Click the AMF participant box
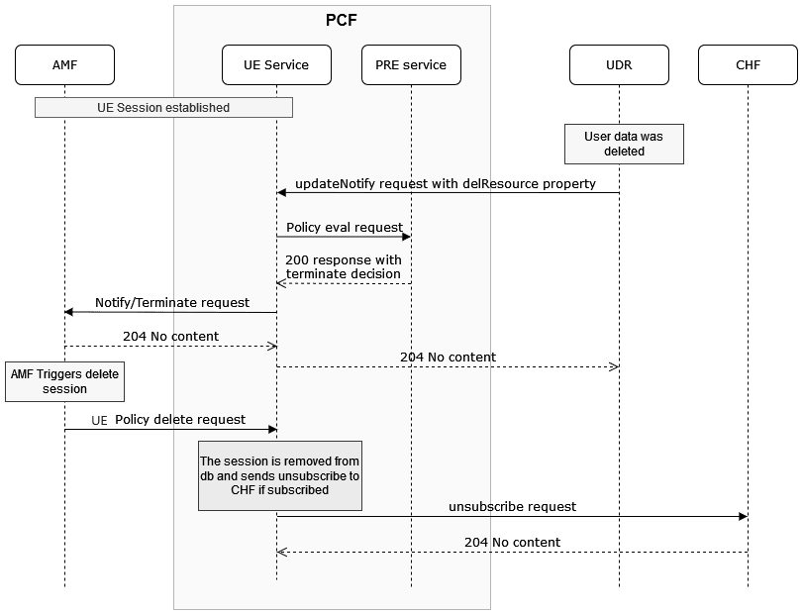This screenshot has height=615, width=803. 64,65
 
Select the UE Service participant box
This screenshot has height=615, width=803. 276,65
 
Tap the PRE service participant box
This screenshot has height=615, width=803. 411,65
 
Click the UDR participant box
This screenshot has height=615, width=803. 619,65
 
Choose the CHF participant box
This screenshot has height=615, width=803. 748,65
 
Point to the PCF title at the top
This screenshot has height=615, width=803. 342,20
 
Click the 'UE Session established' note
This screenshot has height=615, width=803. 163,108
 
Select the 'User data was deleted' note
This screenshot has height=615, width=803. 624,144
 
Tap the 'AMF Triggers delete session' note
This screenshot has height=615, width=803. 64,381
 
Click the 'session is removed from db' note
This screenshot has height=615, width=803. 280,475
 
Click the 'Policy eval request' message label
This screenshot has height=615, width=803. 345,228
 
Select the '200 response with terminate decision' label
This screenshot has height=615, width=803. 344,266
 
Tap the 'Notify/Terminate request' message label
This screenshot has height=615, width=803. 172,302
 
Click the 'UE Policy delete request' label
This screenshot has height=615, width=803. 168,420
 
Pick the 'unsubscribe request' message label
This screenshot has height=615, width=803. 512,506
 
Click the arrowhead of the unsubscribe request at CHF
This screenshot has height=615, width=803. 743,517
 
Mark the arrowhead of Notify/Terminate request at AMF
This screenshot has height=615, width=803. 69,312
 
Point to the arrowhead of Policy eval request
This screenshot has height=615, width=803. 406,237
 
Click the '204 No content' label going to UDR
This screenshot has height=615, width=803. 448,357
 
